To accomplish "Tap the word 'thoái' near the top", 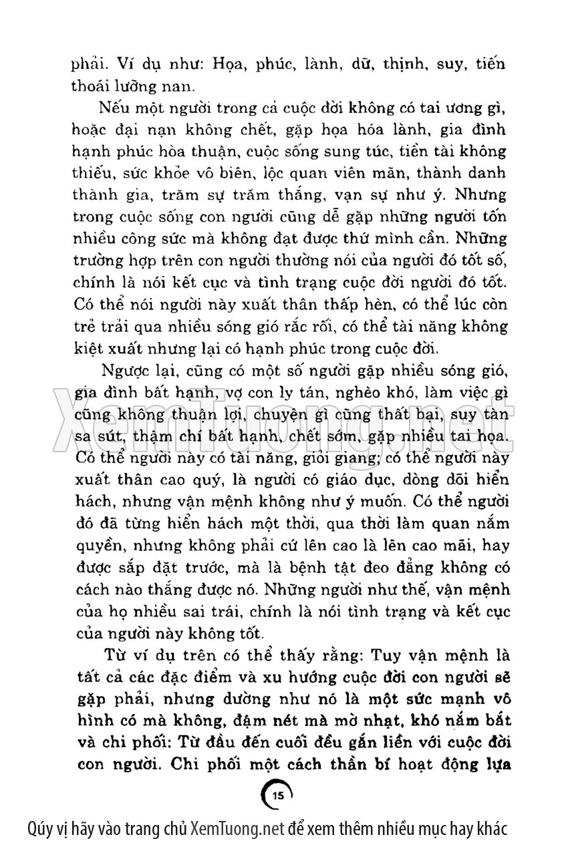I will click(90, 85).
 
